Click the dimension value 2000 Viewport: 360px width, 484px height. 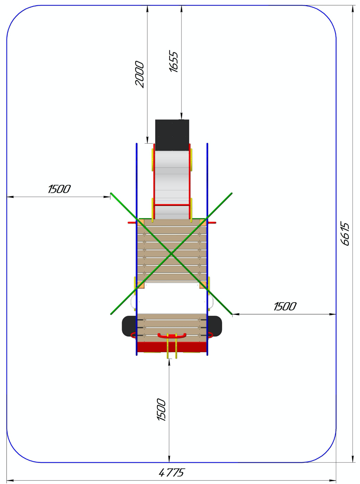[x=140, y=75]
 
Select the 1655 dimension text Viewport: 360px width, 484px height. [x=174, y=61]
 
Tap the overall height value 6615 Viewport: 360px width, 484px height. [x=345, y=234]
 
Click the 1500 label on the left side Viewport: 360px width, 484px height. [x=59, y=189]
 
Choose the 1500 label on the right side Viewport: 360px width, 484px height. [x=285, y=306]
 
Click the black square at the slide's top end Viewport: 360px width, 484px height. [x=172, y=135]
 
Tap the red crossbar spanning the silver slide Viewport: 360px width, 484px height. [x=172, y=205]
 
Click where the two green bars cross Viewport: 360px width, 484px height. [x=171, y=254]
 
